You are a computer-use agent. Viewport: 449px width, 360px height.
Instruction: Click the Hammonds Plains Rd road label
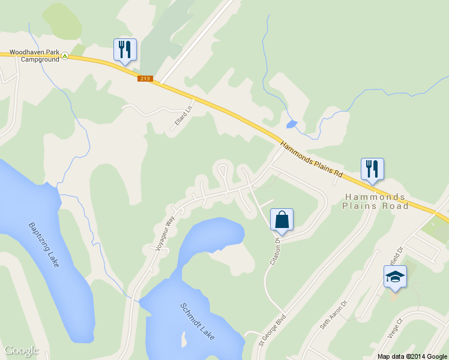click(x=311, y=159)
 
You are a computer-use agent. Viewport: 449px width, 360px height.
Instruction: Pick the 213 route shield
click(x=146, y=79)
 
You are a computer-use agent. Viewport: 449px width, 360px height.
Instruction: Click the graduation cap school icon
click(x=395, y=277)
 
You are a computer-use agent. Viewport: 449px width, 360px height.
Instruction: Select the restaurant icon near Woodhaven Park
click(x=125, y=50)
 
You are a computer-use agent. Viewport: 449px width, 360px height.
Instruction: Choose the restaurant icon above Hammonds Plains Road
click(x=372, y=169)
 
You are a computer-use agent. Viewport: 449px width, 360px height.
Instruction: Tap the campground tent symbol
click(x=65, y=56)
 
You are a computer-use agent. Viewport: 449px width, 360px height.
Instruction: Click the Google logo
click(x=21, y=350)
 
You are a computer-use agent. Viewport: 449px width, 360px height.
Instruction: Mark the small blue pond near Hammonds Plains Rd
click(x=292, y=124)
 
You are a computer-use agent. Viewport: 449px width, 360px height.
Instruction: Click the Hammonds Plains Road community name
click(x=375, y=202)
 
